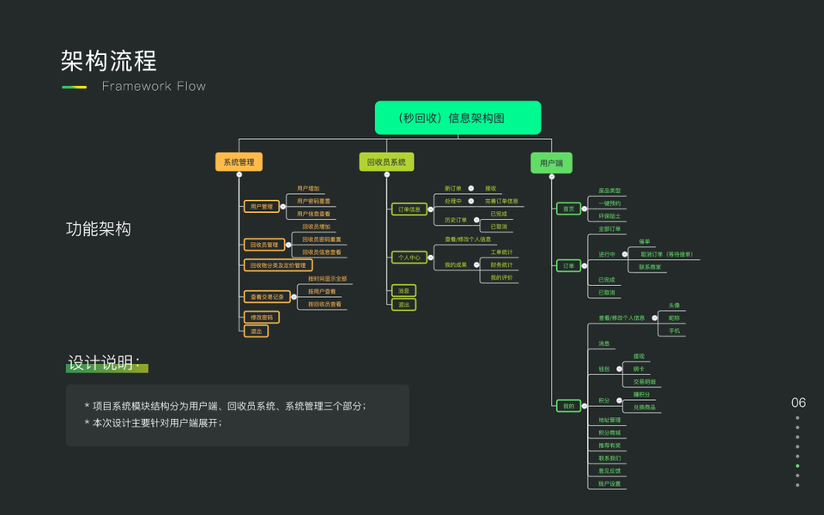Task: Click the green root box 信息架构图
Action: [457, 118]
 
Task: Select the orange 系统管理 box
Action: [238, 161]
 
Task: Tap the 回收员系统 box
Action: [386, 161]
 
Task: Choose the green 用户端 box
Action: [551, 162]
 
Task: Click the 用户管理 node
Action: [261, 206]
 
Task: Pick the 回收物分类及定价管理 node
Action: [277, 265]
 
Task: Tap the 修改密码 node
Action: [261, 317]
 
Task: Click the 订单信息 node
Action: [409, 209]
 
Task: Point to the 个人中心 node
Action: [409, 257]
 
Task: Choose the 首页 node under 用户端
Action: [568, 209]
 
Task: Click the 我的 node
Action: [568, 405]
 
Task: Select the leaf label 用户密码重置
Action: [313, 201]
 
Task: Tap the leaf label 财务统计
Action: [502, 265]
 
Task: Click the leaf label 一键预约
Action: [609, 203]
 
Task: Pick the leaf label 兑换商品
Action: [645, 407]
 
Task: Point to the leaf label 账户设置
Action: [609, 484]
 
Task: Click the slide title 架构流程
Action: [108, 61]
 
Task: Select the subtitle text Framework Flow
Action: [154, 86]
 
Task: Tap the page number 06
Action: [798, 403]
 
